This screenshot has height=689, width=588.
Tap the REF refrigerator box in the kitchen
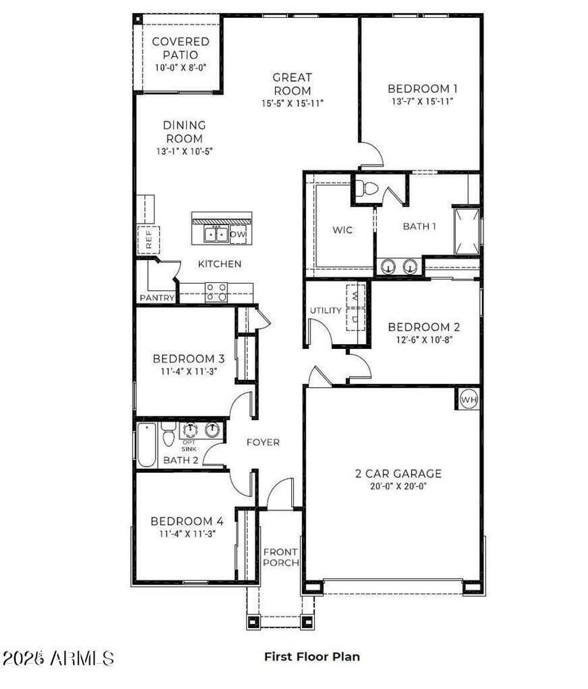(x=149, y=239)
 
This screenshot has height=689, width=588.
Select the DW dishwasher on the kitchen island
(x=238, y=235)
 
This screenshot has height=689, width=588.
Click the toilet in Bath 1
(x=366, y=189)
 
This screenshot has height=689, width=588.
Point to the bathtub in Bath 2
(x=147, y=445)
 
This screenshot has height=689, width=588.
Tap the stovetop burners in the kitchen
(x=216, y=292)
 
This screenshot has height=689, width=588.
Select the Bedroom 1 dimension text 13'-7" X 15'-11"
(x=422, y=102)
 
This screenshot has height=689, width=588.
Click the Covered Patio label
(x=180, y=48)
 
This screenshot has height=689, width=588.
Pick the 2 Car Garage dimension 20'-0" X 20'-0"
(x=399, y=486)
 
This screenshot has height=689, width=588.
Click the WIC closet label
(x=343, y=230)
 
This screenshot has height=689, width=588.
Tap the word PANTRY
(x=157, y=298)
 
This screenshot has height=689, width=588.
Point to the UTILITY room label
(x=326, y=310)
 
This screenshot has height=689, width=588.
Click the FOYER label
(x=263, y=442)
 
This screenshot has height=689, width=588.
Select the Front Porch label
(x=281, y=557)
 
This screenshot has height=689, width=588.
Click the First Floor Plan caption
(x=312, y=656)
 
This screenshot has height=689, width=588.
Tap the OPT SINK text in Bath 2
(x=189, y=446)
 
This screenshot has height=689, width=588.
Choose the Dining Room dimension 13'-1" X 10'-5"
(x=184, y=151)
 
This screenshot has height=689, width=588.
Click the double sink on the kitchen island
(x=216, y=235)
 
